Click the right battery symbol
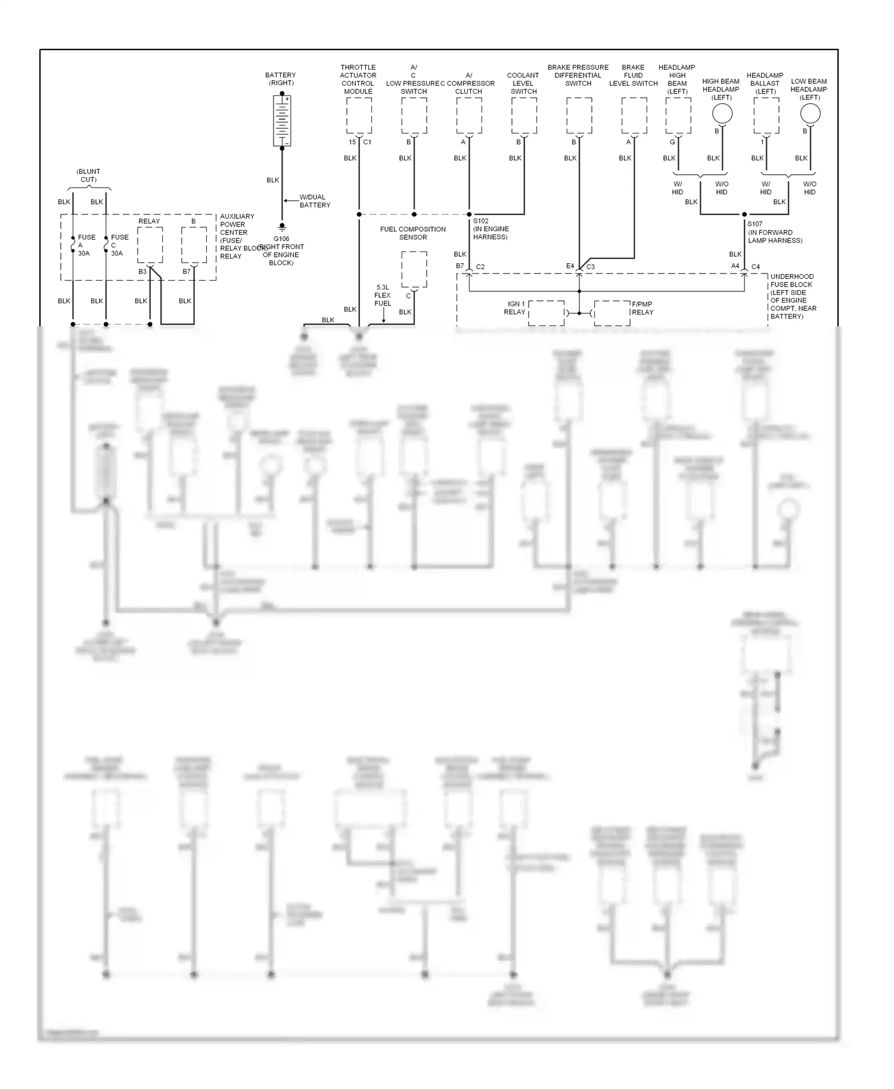tap(282, 121)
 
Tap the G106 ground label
tap(281, 239)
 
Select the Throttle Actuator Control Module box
tap(359, 116)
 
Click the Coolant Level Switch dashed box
tap(524, 116)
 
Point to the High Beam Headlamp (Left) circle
tap(722, 113)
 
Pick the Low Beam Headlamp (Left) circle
tap(810, 113)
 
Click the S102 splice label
tap(481, 221)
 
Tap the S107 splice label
tap(755, 225)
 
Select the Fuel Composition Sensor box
tap(414, 270)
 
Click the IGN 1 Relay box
tap(546, 313)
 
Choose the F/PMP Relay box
tap(612, 313)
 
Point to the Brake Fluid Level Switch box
tap(634, 116)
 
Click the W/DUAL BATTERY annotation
tap(314, 201)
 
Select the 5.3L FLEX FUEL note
tap(383, 295)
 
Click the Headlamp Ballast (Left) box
tap(766, 116)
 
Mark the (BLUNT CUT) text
tap(88, 175)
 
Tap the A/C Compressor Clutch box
tap(469, 116)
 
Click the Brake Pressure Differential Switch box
tap(579, 116)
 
